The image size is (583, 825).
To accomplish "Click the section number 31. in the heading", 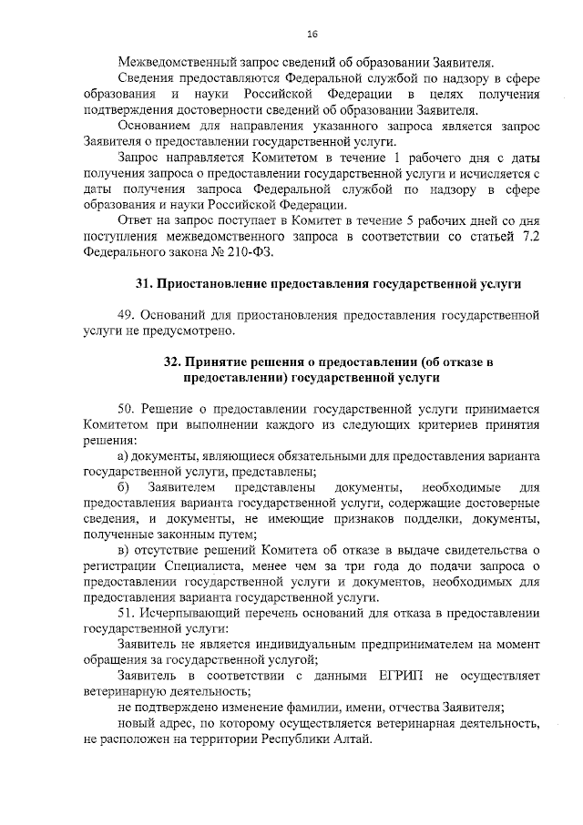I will click(x=146, y=285).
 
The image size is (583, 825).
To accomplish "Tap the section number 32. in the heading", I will click(x=174, y=362).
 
